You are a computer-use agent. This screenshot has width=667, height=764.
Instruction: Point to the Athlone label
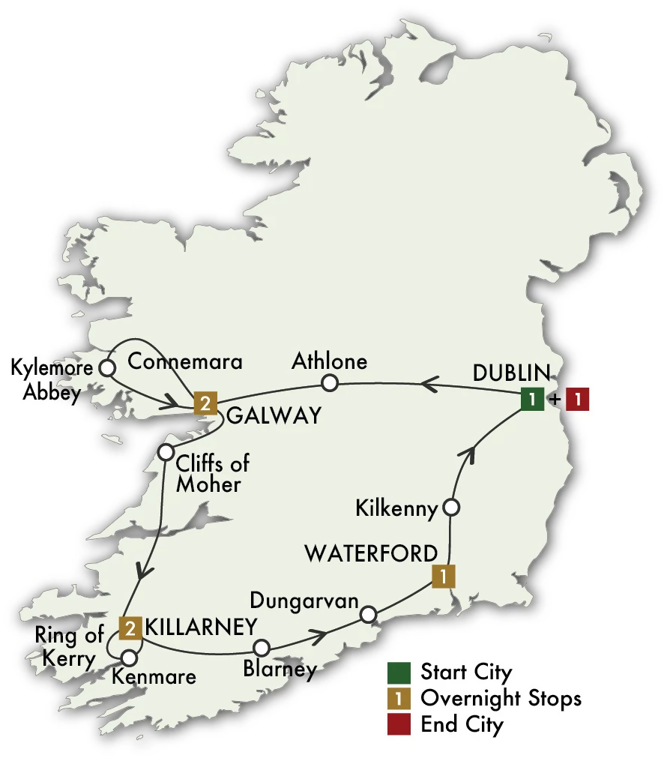pyautogui.click(x=330, y=361)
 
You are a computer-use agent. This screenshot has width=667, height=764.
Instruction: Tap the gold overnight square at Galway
pyautogui.click(x=205, y=403)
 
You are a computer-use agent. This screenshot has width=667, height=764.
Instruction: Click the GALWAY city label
pyautogui.click(x=274, y=415)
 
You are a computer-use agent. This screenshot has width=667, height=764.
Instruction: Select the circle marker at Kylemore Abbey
pyautogui.click(x=107, y=368)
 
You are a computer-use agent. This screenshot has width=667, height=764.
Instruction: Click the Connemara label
pyautogui.click(x=185, y=362)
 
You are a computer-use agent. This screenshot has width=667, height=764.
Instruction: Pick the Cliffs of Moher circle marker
pyautogui.click(x=166, y=453)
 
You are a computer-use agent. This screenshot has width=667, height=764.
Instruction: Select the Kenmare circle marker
pyautogui.click(x=128, y=658)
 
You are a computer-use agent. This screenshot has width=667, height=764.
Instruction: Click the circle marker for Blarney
pyautogui.click(x=261, y=647)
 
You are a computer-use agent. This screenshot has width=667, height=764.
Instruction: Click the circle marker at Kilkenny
pyautogui.click(x=451, y=508)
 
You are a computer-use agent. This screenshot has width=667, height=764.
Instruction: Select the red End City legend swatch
pyautogui.click(x=397, y=725)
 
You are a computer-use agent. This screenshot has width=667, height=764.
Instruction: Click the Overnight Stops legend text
pyautogui.click(x=501, y=698)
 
